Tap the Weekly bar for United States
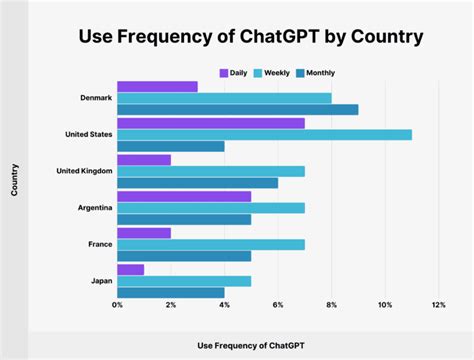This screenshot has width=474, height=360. pyautogui.click(x=264, y=134)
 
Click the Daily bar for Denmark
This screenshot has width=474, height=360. pyautogui.click(x=157, y=86)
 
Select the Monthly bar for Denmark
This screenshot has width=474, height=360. pyautogui.click(x=237, y=110)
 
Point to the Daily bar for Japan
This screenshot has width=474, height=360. pyautogui.click(x=131, y=269)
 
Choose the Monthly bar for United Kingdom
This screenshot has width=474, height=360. pyautogui.click(x=197, y=183)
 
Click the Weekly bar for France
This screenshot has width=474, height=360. pyautogui.click(x=211, y=244)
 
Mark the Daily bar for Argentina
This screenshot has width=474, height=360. pyautogui.click(x=184, y=196)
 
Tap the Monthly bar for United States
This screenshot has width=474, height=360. pyautogui.click(x=171, y=146)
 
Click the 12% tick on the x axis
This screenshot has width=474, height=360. pyautogui.click(x=438, y=304)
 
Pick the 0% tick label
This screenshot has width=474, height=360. pyautogui.click(x=118, y=304)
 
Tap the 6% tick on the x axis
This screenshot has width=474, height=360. pyautogui.click(x=277, y=304)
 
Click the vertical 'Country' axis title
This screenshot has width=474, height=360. pyautogui.click(x=15, y=187)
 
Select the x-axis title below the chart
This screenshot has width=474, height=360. pyautogui.click(x=251, y=344)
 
